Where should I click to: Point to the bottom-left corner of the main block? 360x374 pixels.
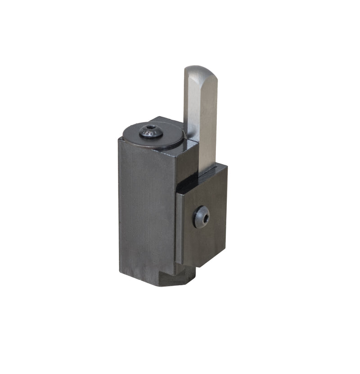tap(120, 272)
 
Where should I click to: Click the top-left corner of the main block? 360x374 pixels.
tap(119, 140)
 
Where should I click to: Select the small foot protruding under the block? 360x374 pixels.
tap(178, 279)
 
